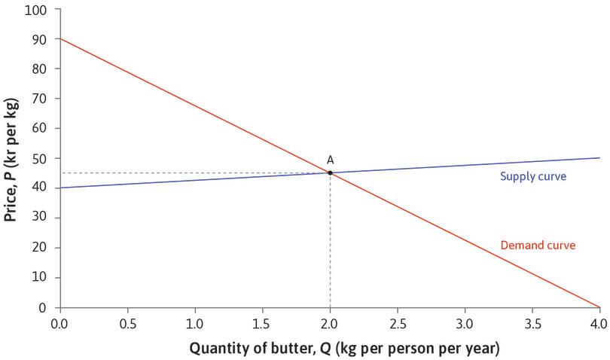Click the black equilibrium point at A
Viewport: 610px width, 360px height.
pos(330,172)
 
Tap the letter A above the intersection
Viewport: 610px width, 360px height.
pos(330,160)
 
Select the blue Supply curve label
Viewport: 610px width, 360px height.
pos(532,177)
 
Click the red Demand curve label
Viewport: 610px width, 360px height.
pos(538,245)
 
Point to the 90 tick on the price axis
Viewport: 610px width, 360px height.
pos(37,38)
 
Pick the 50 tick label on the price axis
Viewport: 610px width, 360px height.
pos(37,158)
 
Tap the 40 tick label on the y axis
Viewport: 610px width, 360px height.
pos(37,188)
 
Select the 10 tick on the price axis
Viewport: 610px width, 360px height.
pos(37,277)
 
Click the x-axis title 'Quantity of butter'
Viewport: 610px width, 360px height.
pos(343,349)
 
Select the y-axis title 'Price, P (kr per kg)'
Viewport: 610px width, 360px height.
pos(11,158)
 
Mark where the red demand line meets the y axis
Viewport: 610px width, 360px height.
pos(59,38)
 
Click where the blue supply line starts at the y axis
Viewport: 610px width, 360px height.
pos(59,188)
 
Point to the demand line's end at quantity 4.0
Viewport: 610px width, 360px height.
pos(599,307)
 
